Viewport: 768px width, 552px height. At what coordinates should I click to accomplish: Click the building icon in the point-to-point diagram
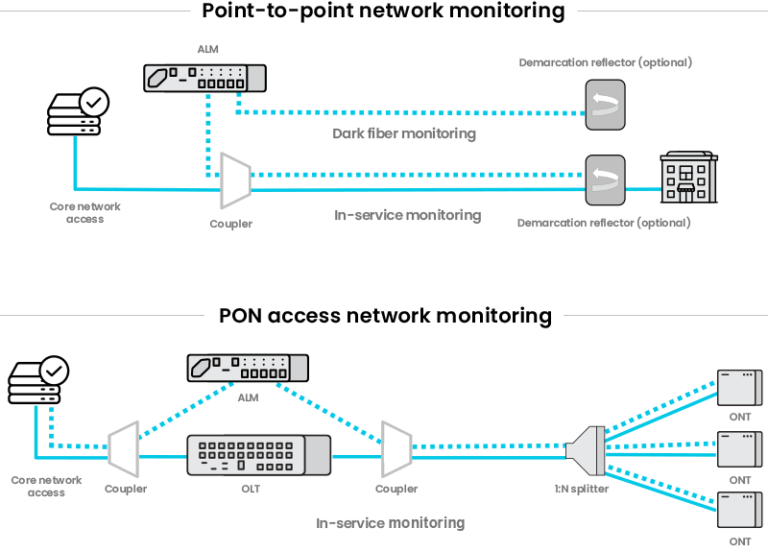pos(688,177)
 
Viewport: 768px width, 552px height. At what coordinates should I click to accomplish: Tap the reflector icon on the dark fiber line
pos(605,104)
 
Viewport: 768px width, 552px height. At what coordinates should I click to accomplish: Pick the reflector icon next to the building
pos(605,180)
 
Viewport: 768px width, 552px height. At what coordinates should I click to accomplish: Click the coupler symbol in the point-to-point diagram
pos(233,180)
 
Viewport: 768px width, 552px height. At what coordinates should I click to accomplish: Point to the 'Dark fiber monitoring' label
pos(403,133)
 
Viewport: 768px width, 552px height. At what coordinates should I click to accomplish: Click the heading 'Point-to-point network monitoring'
pos(383,12)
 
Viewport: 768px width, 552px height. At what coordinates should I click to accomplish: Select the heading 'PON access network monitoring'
pos(385,315)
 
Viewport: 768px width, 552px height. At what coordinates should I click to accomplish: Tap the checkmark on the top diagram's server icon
pos(94,100)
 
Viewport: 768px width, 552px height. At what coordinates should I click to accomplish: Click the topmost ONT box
pos(739,387)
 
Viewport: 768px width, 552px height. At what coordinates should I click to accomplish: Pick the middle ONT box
pos(739,448)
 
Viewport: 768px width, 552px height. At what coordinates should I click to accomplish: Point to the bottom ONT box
pos(739,509)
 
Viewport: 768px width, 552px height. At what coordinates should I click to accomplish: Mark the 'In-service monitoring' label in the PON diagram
pos(391,523)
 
